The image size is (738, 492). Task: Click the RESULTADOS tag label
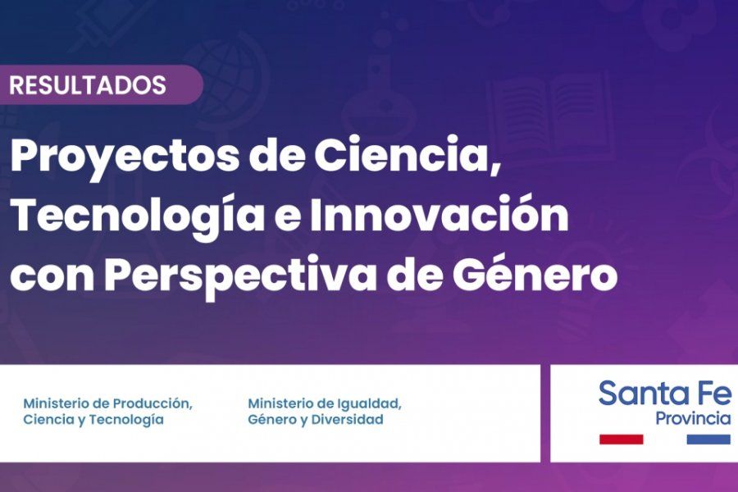(x=89, y=85)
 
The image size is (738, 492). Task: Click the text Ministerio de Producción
(x=107, y=404)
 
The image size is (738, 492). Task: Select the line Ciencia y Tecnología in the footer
(x=93, y=420)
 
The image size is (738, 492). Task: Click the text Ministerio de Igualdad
(x=325, y=404)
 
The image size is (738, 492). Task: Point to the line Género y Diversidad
(x=316, y=420)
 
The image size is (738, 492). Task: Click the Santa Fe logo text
(x=664, y=394)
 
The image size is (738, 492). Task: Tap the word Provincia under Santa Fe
(x=693, y=419)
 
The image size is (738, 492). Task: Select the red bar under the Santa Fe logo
(x=621, y=440)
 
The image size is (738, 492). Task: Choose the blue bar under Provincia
(x=708, y=440)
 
